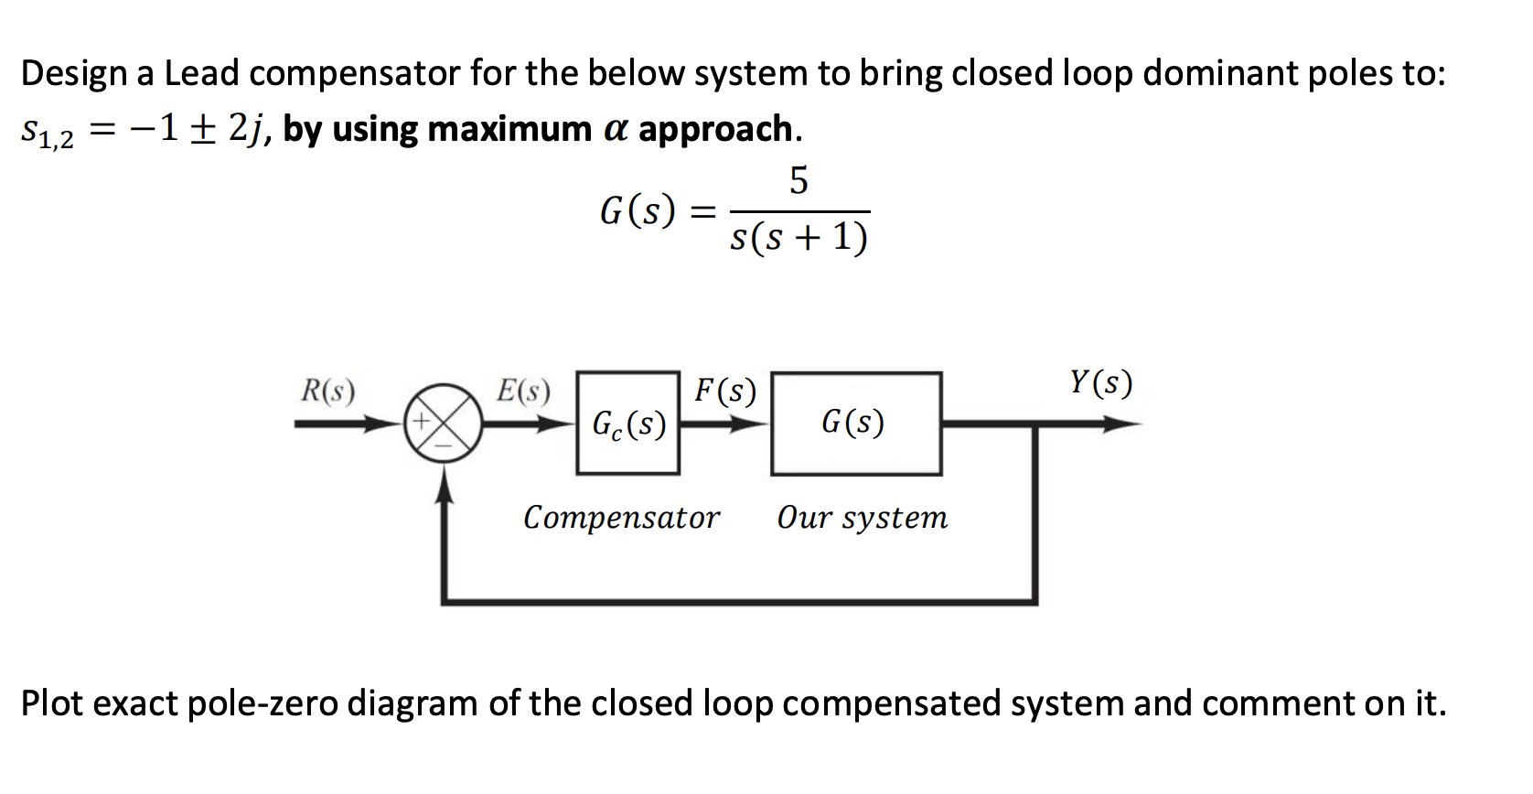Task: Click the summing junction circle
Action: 444,424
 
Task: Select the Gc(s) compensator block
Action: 628,424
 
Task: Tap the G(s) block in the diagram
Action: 855,424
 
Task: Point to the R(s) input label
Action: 328,391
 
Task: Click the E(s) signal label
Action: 523,391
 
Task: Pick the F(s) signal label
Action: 725,391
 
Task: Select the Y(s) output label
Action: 1101,382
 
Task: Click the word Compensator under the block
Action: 621,518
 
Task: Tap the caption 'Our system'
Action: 862,518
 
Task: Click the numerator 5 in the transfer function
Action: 799,180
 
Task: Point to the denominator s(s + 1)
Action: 799,238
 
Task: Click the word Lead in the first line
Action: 201,73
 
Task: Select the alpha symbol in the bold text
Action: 616,129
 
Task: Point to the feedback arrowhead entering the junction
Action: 444,485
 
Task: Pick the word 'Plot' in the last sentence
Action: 52,703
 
